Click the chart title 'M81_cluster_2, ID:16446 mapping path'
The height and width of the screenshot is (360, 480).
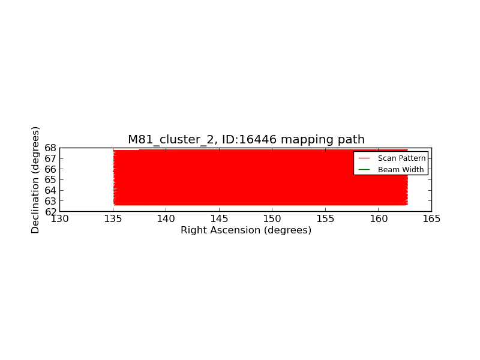pos(246,140)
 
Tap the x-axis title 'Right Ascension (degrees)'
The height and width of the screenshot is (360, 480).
pos(246,230)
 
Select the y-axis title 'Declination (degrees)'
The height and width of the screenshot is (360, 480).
pos(35,180)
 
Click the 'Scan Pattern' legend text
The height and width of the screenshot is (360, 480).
pos(401,158)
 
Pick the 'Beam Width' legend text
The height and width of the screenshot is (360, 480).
pos(401,170)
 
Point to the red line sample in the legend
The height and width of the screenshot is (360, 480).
pos(364,158)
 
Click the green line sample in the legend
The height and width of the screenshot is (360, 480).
pos(364,170)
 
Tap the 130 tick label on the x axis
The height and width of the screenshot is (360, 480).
pos(59,219)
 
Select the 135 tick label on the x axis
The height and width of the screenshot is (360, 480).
pos(113,219)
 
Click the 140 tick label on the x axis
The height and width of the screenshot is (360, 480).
pos(166,219)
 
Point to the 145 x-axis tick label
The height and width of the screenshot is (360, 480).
pos(219,219)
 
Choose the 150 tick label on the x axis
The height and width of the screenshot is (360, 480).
pos(272,219)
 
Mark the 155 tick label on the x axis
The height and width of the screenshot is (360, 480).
pos(325,219)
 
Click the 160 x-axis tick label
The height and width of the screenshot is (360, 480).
pos(379,219)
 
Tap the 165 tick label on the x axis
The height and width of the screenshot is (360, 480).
pos(431,219)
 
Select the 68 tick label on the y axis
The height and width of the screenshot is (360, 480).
pos(50,148)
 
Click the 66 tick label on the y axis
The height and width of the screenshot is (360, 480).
pos(50,169)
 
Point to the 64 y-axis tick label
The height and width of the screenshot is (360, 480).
pos(50,190)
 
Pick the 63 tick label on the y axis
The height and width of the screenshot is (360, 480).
pos(50,201)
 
